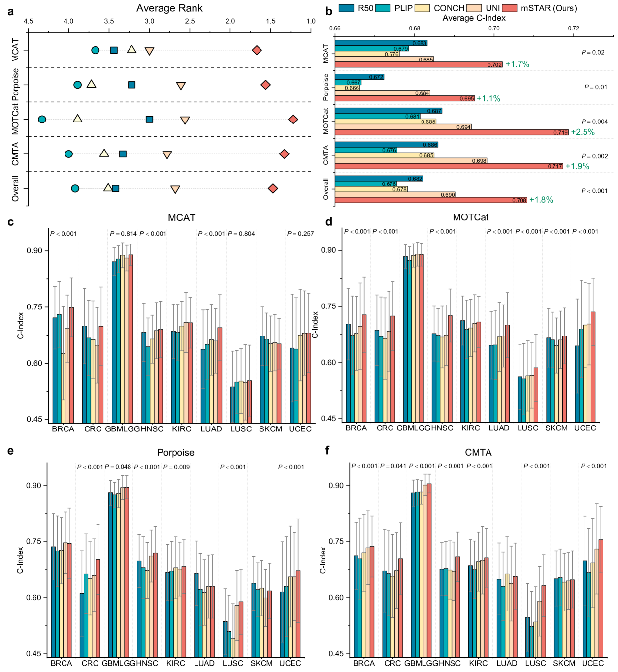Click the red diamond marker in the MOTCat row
click(293, 120)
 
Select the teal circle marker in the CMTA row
click(69, 154)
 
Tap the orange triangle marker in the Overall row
click(175, 189)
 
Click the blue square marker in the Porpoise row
click(131, 85)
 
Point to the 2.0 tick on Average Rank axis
click(230, 21)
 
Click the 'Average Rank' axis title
click(169, 8)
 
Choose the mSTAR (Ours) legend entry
click(542, 8)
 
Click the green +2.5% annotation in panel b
click(583, 132)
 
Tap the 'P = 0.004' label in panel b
click(594, 122)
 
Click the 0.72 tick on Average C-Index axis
click(573, 28)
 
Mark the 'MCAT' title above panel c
click(182, 218)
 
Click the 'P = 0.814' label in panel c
click(123, 234)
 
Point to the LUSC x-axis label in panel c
click(241, 429)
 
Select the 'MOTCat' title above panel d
click(471, 217)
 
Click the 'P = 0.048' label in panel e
click(118, 467)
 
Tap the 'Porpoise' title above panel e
click(176, 453)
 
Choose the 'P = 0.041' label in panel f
click(393, 466)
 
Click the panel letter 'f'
click(328, 450)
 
